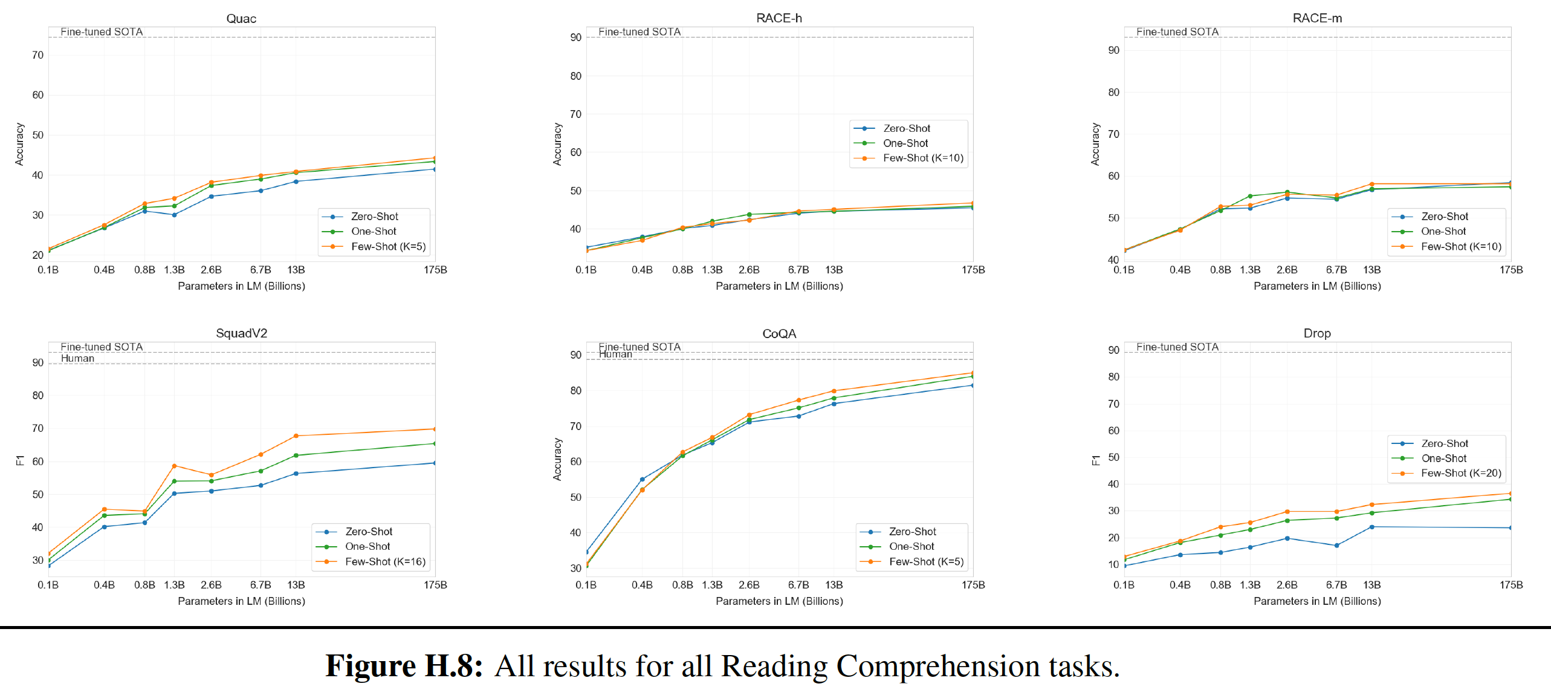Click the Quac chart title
[x=241, y=19]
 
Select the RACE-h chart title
[x=779, y=18]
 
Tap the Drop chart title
[x=1317, y=333]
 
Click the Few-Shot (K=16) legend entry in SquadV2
[x=385, y=561]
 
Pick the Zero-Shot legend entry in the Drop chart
[x=1444, y=443]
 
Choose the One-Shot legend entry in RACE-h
[x=905, y=143]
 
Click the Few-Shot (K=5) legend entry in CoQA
[x=926, y=561]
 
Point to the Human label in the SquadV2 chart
[x=77, y=358]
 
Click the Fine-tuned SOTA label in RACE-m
[x=1177, y=31]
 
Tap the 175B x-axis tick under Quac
[x=435, y=270]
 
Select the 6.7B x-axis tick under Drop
[x=1336, y=585]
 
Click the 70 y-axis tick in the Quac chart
[x=37, y=55]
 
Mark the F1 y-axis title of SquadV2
[x=19, y=460]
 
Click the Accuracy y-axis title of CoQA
[x=557, y=460]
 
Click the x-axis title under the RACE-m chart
[x=1317, y=286]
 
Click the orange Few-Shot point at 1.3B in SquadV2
[x=175, y=466]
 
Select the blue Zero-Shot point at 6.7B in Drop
[x=1336, y=546]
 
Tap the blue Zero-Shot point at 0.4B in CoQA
[x=642, y=480]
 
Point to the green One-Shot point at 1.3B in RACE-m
[x=1250, y=196]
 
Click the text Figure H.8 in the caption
[x=404, y=666]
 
